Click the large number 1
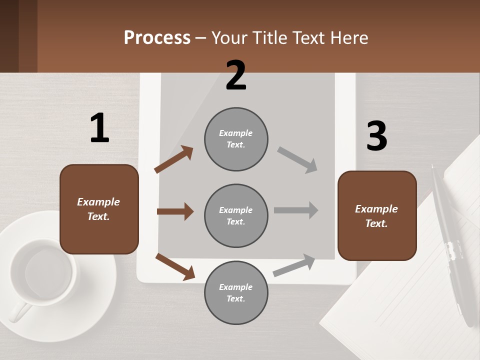(x=99, y=128)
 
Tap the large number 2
(x=236, y=75)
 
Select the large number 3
(x=376, y=136)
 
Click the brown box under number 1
(x=99, y=209)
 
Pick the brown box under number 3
(x=377, y=216)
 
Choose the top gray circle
(x=236, y=138)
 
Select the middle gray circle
(x=236, y=215)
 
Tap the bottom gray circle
(x=236, y=292)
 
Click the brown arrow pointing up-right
(x=173, y=159)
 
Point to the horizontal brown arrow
(x=175, y=211)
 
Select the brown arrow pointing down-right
(x=175, y=266)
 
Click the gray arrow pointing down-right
(x=297, y=160)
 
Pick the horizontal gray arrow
(x=296, y=210)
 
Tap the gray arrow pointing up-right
(x=294, y=265)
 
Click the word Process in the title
(x=157, y=37)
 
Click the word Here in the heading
(x=348, y=37)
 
